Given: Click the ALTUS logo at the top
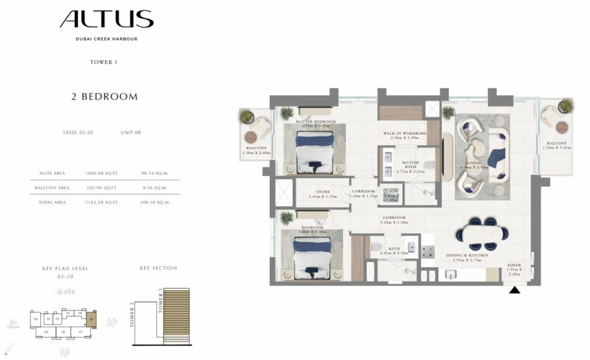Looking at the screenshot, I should tap(107, 20).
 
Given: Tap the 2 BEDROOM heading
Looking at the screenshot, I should tap(104, 97).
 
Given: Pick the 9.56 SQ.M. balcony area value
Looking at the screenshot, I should tap(154, 188).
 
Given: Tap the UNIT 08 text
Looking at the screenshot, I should tap(131, 132).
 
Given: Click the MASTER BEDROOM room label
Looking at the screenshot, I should tap(316, 122).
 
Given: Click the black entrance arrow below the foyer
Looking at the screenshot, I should tap(515, 290).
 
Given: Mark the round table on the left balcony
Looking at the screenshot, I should tap(252, 139).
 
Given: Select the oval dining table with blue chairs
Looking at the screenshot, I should tap(482, 233).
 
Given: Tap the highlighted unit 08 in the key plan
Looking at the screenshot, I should tap(92, 318).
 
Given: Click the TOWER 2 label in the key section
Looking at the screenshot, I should tap(132, 314).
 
